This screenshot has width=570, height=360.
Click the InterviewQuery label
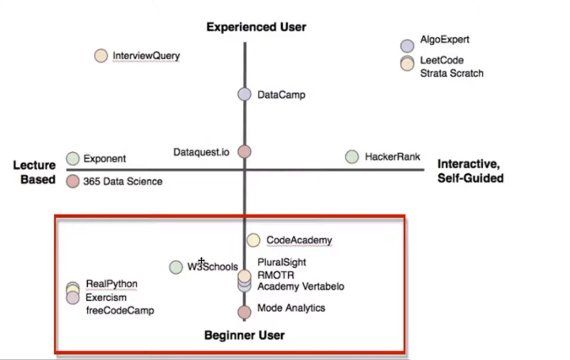(x=146, y=56)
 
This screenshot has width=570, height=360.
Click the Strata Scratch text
(x=452, y=74)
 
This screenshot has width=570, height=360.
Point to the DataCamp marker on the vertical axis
(x=244, y=95)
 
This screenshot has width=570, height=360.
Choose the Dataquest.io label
(x=200, y=151)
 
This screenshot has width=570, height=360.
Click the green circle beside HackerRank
(x=352, y=156)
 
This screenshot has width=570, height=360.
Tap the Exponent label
(x=105, y=158)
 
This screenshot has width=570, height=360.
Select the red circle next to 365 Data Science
(x=73, y=180)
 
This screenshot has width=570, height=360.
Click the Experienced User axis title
(x=257, y=27)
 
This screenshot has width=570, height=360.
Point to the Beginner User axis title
(x=244, y=335)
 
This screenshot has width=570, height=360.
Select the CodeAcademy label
(x=299, y=241)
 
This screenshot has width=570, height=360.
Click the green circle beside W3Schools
(x=176, y=267)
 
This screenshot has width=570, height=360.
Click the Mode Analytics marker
(x=244, y=312)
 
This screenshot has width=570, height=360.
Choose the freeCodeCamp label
(x=120, y=310)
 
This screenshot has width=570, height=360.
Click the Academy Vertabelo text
(x=301, y=286)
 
